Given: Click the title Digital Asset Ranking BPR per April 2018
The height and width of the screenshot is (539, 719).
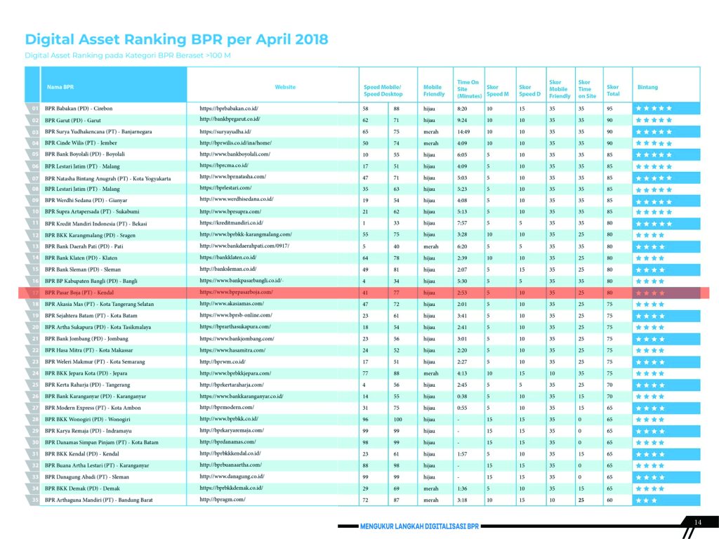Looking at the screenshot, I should pyautogui.click(x=176, y=39).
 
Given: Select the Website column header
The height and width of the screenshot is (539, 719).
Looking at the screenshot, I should pyautogui.click(x=285, y=87).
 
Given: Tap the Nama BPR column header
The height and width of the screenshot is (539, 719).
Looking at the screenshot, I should pyautogui.click(x=60, y=87).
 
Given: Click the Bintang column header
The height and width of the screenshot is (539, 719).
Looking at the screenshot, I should pyautogui.click(x=647, y=87).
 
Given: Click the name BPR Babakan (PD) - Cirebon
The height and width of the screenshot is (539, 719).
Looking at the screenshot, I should pyautogui.click(x=79, y=109).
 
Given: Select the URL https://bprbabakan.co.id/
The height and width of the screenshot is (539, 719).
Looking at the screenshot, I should pyautogui.click(x=230, y=109).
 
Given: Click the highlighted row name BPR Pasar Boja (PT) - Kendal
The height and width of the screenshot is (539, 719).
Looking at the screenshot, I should pyautogui.click(x=79, y=292).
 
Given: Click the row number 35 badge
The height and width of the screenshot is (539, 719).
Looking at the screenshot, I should pyautogui.click(x=34, y=500).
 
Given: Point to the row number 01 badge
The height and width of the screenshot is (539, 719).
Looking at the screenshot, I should pyautogui.click(x=34, y=109).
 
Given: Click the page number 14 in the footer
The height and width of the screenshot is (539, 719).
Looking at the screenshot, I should pyautogui.click(x=697, y=522).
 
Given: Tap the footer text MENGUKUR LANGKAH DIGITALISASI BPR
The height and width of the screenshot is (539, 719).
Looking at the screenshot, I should pyautogui.click(x=419, y=526).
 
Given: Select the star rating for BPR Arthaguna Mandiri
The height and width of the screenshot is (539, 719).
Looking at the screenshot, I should pyautogui.click(x=646, y=500).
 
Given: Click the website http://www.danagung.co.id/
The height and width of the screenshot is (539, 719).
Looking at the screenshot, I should pyautogui.click(x=232, y=477).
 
